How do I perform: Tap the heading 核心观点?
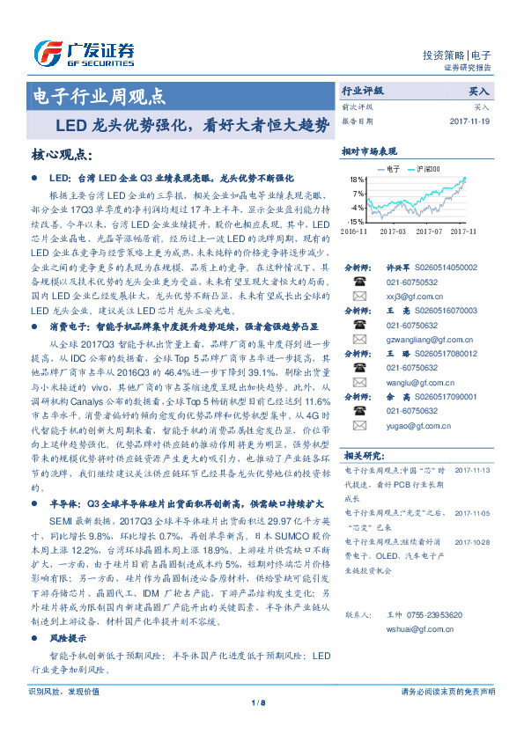point(61,155)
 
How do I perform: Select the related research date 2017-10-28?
point(472,543)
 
